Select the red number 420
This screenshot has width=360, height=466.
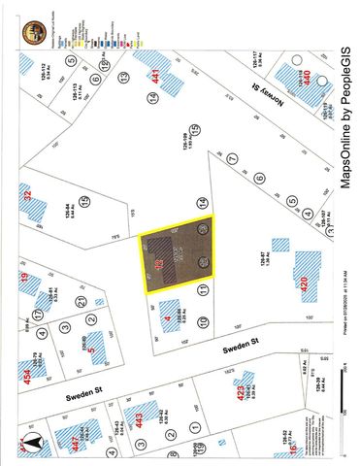pyautogui.click(x=305, y=283)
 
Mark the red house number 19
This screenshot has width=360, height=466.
pyautogui.click(x=24, y=283)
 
